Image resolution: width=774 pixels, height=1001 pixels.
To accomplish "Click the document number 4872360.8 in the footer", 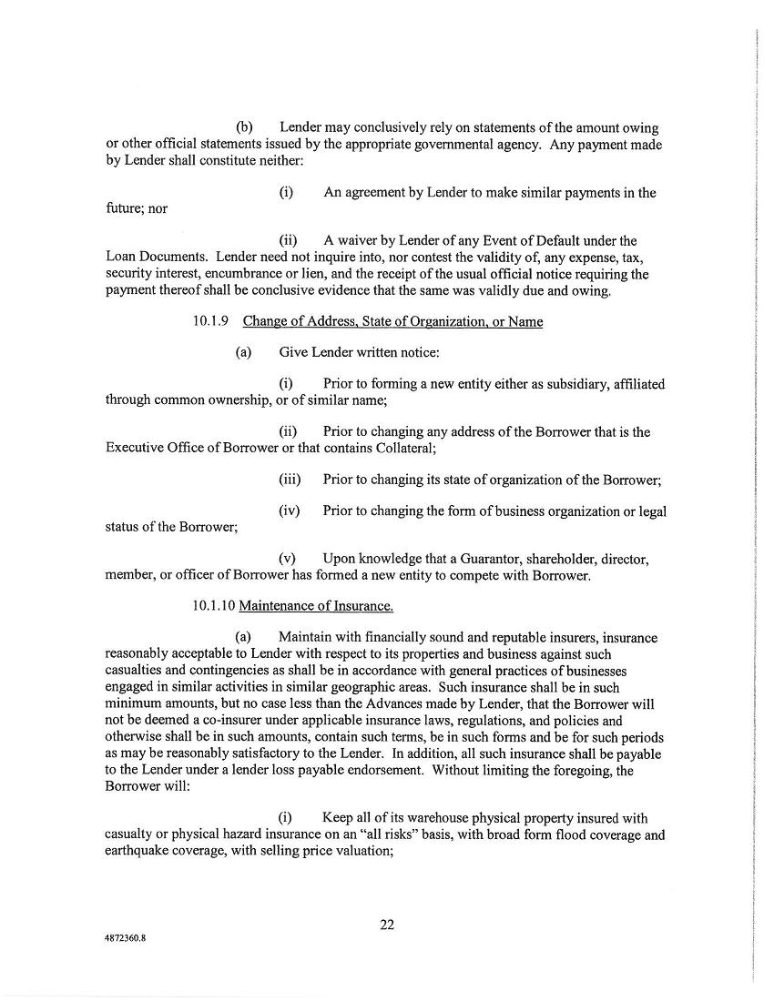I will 126,944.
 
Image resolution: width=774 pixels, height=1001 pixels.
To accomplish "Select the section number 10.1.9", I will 211,321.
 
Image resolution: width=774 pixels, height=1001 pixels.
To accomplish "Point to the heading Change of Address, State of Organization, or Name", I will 392,321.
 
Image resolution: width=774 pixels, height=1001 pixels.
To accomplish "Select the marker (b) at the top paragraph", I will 245,128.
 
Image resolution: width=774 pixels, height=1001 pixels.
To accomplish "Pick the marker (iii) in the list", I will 289,480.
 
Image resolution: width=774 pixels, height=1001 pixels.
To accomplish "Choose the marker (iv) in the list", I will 289,511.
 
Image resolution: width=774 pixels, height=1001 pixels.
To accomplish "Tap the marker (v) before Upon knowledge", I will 288,559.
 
